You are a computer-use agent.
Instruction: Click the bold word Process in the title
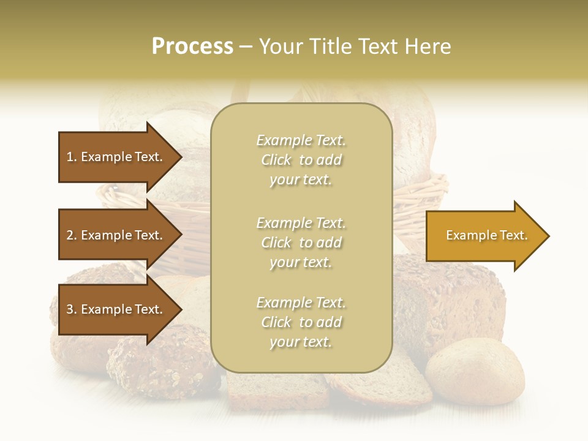point(192,47)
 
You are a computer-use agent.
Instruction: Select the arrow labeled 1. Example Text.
point(116,157)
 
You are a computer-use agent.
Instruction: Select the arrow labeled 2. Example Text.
point(116,235)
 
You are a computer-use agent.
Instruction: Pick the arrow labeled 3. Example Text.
point(116,309)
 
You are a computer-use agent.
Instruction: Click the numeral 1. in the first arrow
point(72,157)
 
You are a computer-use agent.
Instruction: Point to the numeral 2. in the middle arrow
point(72,235)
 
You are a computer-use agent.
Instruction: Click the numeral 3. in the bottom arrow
point(72,309)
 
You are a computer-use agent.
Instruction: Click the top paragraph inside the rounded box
point(301,160)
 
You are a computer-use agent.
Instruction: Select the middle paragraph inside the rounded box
point(301,243)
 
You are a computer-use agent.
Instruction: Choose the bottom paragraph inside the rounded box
point(301,322)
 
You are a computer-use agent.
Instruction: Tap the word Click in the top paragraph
point(276,160)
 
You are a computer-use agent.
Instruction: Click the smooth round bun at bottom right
point(475,371)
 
